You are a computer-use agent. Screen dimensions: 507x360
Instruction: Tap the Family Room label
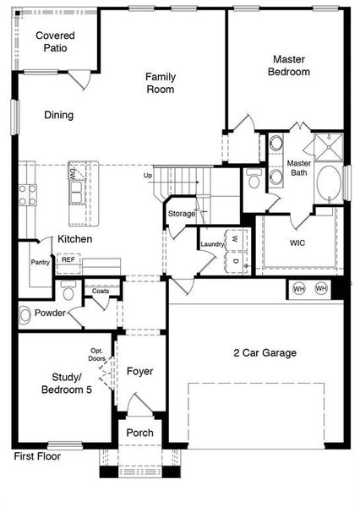(x=160, y=82)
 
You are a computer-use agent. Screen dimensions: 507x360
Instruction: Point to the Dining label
(x=59, y=115)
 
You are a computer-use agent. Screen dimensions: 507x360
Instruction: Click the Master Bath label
(x=299, y=168)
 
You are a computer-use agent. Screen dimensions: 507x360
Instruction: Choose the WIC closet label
(x=297, y=243)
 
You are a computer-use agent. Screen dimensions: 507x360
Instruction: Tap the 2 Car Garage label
(x=265, y=352)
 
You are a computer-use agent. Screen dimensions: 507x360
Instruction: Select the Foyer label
(x=139, y=371)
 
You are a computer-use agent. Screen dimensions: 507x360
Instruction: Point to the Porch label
(x=139, y=433)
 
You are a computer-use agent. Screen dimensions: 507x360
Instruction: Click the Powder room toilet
(x=25, y=314)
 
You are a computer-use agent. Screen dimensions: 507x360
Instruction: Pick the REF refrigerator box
(x=68, y=259)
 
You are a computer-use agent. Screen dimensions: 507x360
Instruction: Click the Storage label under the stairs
(x=181, y=214)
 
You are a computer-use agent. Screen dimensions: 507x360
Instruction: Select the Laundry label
(x=211, y=244)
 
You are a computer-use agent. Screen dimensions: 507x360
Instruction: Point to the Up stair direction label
(x=148, y=175)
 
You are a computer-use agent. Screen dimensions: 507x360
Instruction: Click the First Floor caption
(x=37, y=456)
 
